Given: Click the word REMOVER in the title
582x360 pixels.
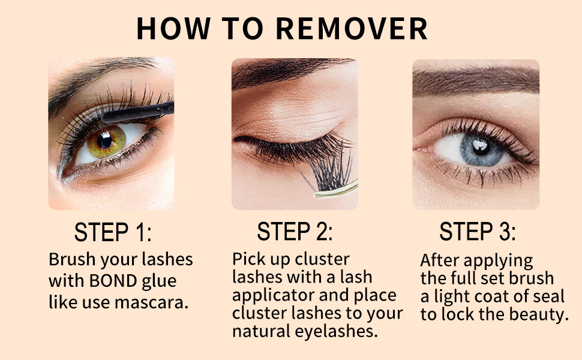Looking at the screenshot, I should [x=353, y=29].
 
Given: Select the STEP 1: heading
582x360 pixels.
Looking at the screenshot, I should [x=113, y=232].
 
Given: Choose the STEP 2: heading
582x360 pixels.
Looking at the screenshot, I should [x=295, y=232].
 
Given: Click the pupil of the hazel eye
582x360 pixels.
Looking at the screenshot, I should [x=105, y=140].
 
